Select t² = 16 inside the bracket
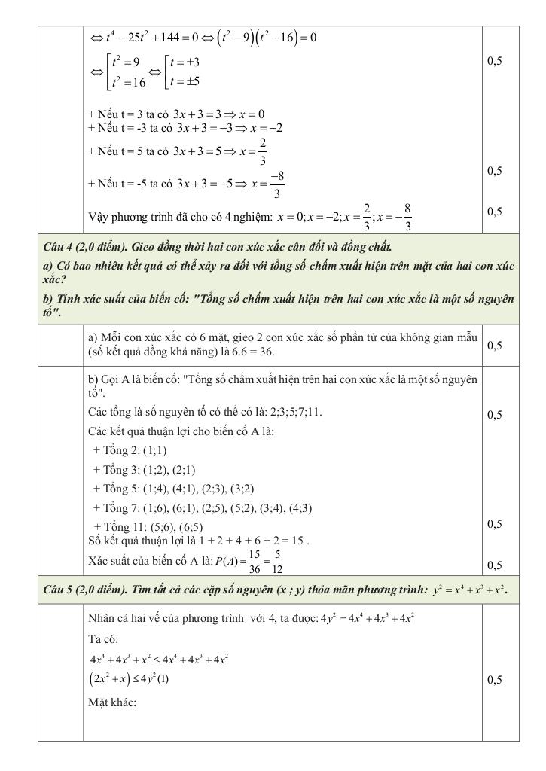125,83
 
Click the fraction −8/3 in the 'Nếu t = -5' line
278,184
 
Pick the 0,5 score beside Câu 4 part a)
495,346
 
